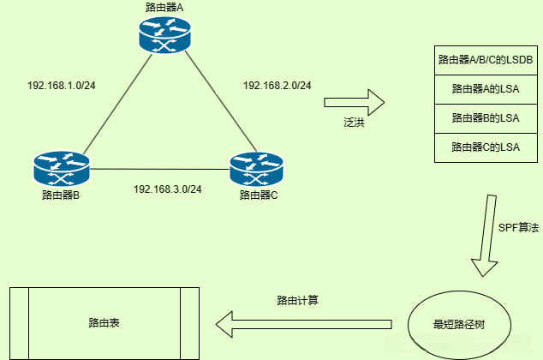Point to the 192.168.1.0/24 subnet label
62,86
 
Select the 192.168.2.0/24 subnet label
277,86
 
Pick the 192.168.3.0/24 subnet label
168,189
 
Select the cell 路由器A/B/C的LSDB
486,60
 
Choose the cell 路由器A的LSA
486,89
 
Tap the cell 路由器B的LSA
486,117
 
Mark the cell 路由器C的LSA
486,147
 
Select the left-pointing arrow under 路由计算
304,323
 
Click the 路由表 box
104,323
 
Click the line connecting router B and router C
159,169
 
